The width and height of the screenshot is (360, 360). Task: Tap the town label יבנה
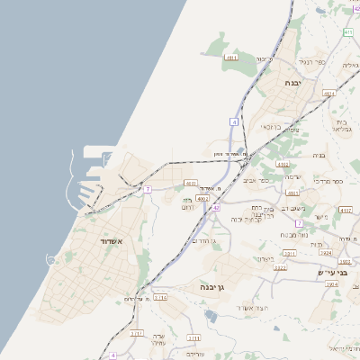[x=293, y=82]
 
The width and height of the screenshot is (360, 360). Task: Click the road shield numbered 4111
[x=231, y=58]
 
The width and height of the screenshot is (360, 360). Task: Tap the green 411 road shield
[x=348, y=32]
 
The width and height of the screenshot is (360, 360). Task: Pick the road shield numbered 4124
[x=328, y=94]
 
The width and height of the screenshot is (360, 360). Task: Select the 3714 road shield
[x=160, y=296]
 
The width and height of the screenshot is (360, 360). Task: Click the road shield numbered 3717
[x=137, y=333]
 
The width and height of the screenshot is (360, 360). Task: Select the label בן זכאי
[x=269, y=127]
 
